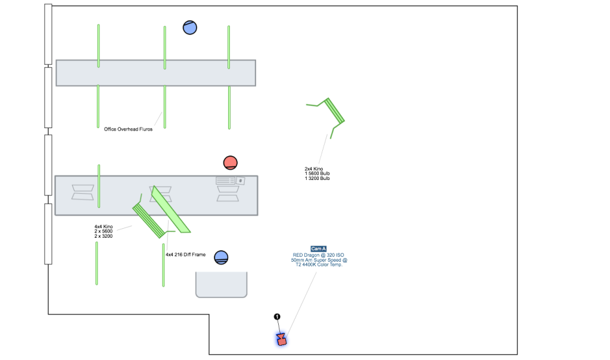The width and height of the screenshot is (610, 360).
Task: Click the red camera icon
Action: pyautogui.click(x=281, y=339)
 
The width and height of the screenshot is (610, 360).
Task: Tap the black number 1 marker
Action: pyautogui.click(x=277, y=317)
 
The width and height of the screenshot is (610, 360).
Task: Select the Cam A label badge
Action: pyautogui.click(x=319, y=249)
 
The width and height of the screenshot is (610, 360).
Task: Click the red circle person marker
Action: pyautogui.click(x=231, y=162)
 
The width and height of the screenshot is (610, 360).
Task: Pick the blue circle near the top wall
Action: pyautogui.click(x=190, y=27)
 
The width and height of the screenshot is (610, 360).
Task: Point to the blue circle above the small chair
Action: pyautogui.click(x=221, y=257)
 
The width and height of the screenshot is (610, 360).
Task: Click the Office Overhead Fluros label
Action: pyautogui.click(x=128, y=129)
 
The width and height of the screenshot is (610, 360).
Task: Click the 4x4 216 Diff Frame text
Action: pyautogui.click(x=185, y=255)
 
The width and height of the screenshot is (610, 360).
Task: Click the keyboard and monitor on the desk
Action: pyautogui.click(x=230, y=181)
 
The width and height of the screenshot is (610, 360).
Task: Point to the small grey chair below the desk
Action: pyautogui.click(x=221, y=284)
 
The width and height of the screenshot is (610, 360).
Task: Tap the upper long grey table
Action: pyautogui.click(x=155, y=73)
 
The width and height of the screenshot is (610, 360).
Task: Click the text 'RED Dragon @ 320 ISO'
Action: pyautogui.click(x=319, y=255)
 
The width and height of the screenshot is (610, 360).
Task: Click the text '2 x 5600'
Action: pyautogui.click(x=104, y=231)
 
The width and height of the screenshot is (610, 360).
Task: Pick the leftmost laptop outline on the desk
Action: pyautogui.click(x=83, y=192)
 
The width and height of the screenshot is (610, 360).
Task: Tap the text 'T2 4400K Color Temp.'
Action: pyautogui.click(x=319, y=265)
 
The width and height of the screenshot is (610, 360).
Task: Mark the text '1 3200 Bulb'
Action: pyautogui.click(x=318, y=178)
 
